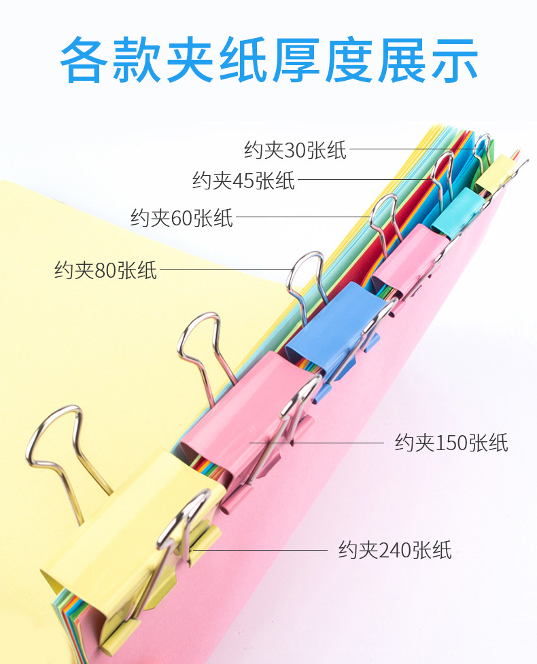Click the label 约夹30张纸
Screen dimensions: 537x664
[x=295, y=149]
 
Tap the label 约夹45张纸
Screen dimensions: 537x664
[x=243, y=181]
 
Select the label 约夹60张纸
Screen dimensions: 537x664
[x=181, y=218]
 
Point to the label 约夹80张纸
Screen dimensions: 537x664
[x=105, y=270]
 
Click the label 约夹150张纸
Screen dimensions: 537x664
[x=451, y=443]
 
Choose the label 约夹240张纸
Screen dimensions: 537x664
[x=395, y=549]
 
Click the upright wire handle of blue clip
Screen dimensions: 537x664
[x=304, y=274]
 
